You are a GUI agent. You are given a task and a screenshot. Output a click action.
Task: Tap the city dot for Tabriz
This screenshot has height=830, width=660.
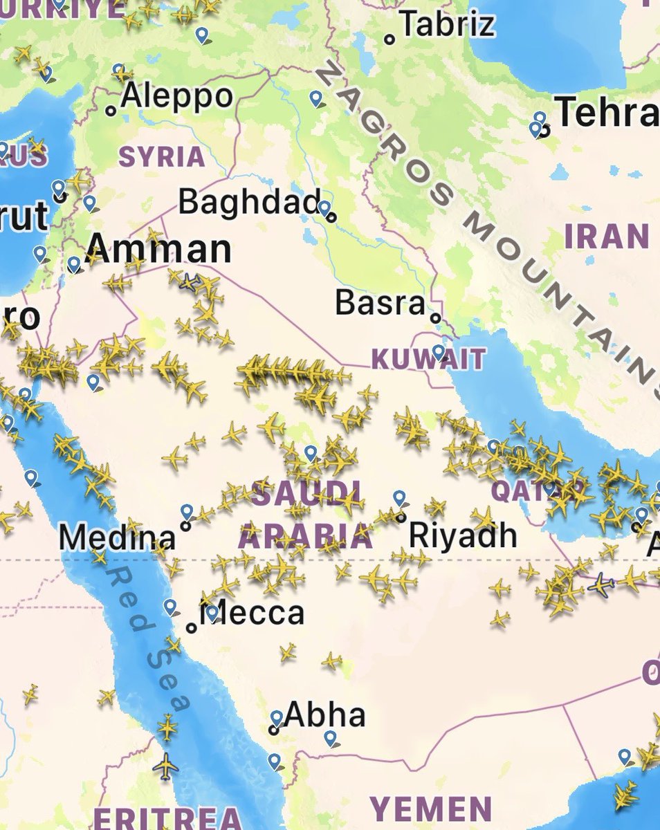(x=390, y=40)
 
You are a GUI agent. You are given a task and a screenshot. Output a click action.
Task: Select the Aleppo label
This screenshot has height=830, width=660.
(x=176, y=97)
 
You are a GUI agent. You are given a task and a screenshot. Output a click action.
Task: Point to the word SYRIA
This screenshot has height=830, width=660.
(x=162, y=156)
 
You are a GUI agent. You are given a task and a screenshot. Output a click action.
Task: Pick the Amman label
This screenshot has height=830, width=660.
(x=161, y=249)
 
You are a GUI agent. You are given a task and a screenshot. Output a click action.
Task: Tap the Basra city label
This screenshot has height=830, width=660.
(x=380, y=303)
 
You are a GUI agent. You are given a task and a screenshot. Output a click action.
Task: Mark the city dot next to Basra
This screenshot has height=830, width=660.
(x=435, y=318)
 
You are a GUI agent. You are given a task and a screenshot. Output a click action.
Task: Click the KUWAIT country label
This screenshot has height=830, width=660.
(x=428, y=359)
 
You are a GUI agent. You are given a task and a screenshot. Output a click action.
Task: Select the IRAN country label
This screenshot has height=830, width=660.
(x=607, y=237)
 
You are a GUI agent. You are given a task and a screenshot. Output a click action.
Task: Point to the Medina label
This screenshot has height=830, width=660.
(x=117, y=537)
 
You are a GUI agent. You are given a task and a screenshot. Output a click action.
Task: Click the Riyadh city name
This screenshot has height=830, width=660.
(x=462, y=534)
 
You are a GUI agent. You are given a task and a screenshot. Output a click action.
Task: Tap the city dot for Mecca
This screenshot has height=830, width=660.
(x=192, y=628)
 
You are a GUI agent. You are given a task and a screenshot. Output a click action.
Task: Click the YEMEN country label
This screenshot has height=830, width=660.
(x=430, y=809)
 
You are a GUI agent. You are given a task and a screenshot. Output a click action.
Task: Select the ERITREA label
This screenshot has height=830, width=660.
(x=166, y=818)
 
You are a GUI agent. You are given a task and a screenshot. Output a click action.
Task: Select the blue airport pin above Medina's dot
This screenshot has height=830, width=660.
(x=187, y=512)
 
